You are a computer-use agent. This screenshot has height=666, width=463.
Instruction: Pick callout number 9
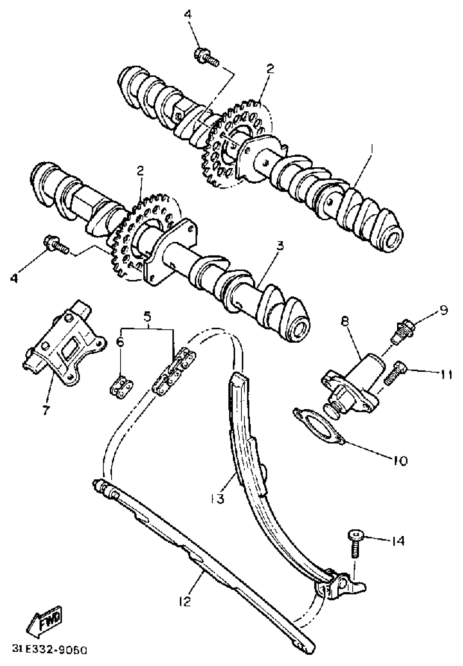pyautogui.click(x=443, y=310)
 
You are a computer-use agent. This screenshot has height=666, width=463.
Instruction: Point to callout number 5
pyautogui.click(x=147, y=317)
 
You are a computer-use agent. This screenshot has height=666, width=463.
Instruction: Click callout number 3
pyautogui.click(x=280, y=246)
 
